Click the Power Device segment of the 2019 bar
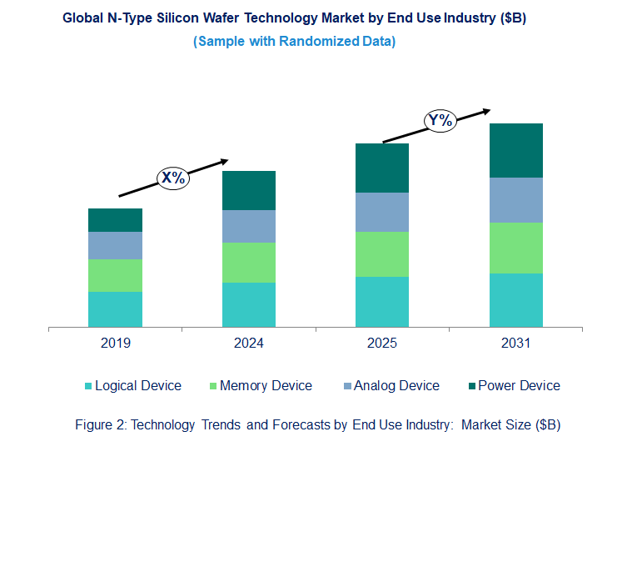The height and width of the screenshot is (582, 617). (x=115, y=220)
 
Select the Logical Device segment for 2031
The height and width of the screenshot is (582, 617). (x=515, y=300)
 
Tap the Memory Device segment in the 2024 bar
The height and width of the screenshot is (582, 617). (x=248, y=263)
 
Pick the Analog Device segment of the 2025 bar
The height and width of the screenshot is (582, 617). (x=382, y=212)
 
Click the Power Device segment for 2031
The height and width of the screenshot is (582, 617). (x=515, y=150)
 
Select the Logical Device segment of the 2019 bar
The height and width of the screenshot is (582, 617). (x=115, y=309)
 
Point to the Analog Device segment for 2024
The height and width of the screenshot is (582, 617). (x=248, y=226)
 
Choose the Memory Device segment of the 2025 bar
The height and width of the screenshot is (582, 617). (x=382, y=254)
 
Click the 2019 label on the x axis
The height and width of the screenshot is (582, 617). (x=115, y=343)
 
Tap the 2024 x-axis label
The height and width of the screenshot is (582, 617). (x=248, y=343)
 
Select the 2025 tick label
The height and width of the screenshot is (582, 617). (x=382, y=343)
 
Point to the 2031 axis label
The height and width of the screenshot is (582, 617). (x=515, y=343)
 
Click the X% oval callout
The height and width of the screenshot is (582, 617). (x=173, y=178)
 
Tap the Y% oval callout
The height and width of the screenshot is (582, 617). (x=440, y=120)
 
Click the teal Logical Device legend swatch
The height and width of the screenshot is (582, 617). (x=88, y=386)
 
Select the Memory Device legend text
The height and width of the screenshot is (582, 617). (x=266, y=385)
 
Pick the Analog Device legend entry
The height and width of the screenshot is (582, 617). (x=391, y=385)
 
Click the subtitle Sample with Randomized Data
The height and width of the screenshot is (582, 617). (x=294, y=41)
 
